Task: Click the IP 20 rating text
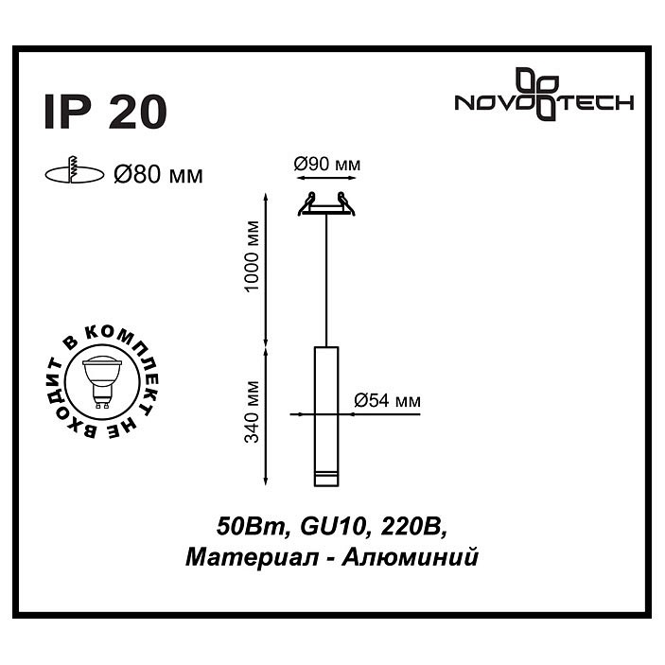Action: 105,112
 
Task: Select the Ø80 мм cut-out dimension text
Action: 157,173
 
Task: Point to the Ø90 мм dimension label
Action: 326,165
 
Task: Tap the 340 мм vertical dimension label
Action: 251,413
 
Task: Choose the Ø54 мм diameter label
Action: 387,400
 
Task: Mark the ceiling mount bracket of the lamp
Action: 325,204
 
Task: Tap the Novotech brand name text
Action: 544,104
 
